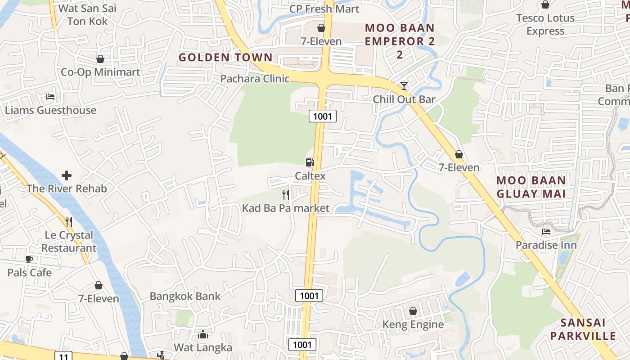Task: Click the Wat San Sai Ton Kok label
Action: point(87,15)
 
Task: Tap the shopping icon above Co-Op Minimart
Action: point(100,59)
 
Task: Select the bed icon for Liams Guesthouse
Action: point(50,97)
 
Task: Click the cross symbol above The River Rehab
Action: point(67,175)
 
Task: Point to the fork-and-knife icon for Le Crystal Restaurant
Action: point(69,221)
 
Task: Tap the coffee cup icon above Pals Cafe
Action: point(29,259)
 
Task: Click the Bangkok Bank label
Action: point(185,296)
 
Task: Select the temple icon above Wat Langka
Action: point(203,334)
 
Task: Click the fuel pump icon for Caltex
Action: point(310,162)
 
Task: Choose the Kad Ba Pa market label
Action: point(286,208)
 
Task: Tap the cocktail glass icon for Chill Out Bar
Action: point(404,85)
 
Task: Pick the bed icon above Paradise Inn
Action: point(546,232)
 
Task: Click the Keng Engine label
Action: point(413,324)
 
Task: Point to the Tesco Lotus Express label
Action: point(545,24)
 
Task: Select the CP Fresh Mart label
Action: point(324,9)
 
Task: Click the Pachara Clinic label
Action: point(255,79)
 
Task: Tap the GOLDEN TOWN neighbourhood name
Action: point(225,58)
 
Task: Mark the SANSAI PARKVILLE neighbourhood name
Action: point(583,329)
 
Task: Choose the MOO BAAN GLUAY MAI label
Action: point(531,187)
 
